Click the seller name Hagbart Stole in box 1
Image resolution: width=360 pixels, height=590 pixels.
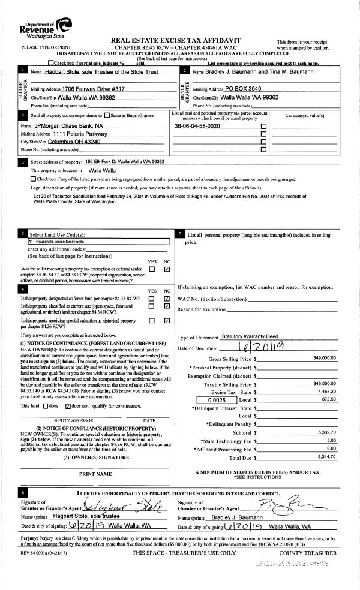(x=95, y=72)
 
